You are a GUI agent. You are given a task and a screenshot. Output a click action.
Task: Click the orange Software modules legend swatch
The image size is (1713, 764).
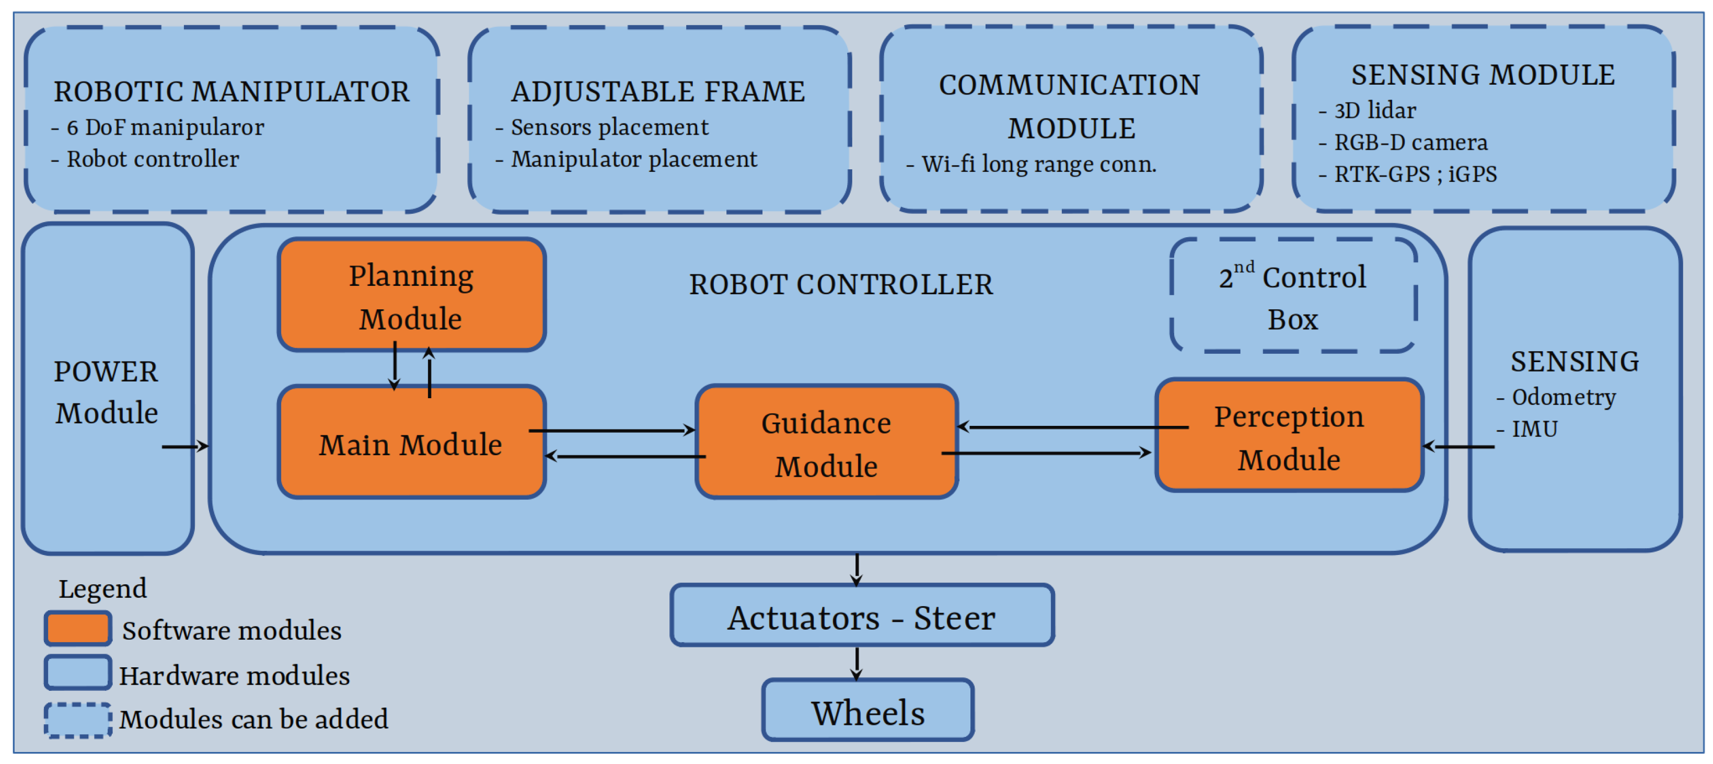click(x=78, y=628)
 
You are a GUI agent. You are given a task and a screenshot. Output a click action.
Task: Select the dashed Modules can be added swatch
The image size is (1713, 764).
click(x=78, y=720)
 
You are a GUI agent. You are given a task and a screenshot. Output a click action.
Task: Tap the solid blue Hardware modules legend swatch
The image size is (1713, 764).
click(x=78, y=673)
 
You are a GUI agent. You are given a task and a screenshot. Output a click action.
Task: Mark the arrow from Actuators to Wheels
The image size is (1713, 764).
click(x=857, y=663)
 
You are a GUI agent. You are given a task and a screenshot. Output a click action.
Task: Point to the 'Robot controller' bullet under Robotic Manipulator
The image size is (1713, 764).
click(x=152, y=159)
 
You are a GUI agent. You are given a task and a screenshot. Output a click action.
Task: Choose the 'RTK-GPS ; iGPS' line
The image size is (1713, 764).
click(x=1415, y=174)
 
